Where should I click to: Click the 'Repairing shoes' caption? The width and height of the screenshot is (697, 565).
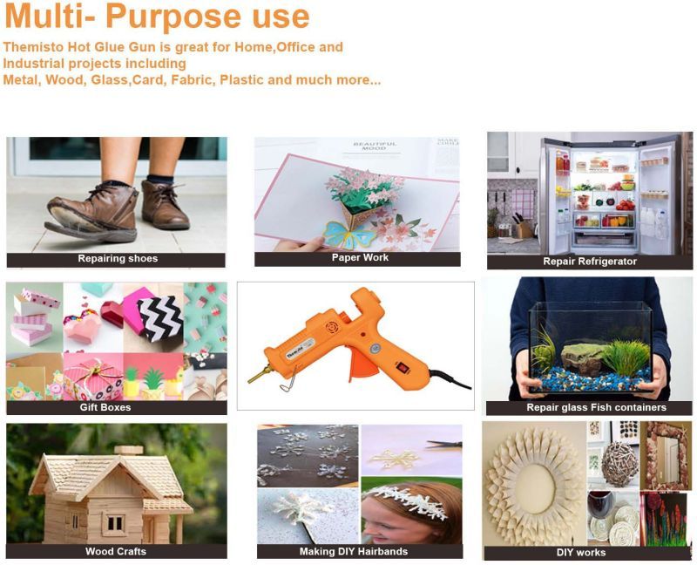118,258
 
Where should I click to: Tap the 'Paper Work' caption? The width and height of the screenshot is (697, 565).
360,257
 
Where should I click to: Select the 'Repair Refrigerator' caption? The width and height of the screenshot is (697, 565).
590,262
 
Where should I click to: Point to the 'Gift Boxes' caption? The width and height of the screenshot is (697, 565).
105,407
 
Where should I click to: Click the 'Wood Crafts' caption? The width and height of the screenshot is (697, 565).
116,552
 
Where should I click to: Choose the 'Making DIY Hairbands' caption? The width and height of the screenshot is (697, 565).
354,552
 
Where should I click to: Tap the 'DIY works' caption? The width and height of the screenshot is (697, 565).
581,553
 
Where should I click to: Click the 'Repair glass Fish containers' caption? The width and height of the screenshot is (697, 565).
597,407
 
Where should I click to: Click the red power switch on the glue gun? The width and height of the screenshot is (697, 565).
403,367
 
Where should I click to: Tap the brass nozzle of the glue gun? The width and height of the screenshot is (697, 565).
258,375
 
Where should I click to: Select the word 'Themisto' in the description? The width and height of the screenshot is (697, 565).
33,47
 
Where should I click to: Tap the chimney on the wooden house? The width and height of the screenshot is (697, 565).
129,450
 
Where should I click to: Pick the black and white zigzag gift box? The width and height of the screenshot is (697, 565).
160,317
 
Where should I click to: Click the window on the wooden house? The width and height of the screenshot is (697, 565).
115,524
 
